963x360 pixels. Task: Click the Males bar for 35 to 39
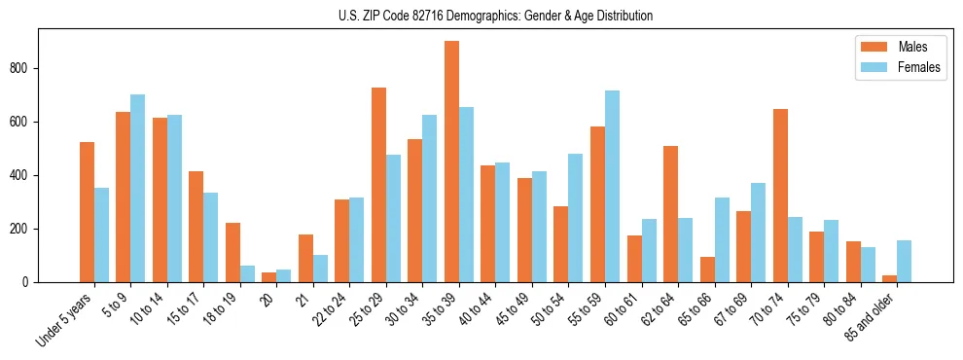451,162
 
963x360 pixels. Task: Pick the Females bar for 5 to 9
138,189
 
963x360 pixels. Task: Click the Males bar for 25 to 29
378,185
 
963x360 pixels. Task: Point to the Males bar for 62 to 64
670,214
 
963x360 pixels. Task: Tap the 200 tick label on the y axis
28,229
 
